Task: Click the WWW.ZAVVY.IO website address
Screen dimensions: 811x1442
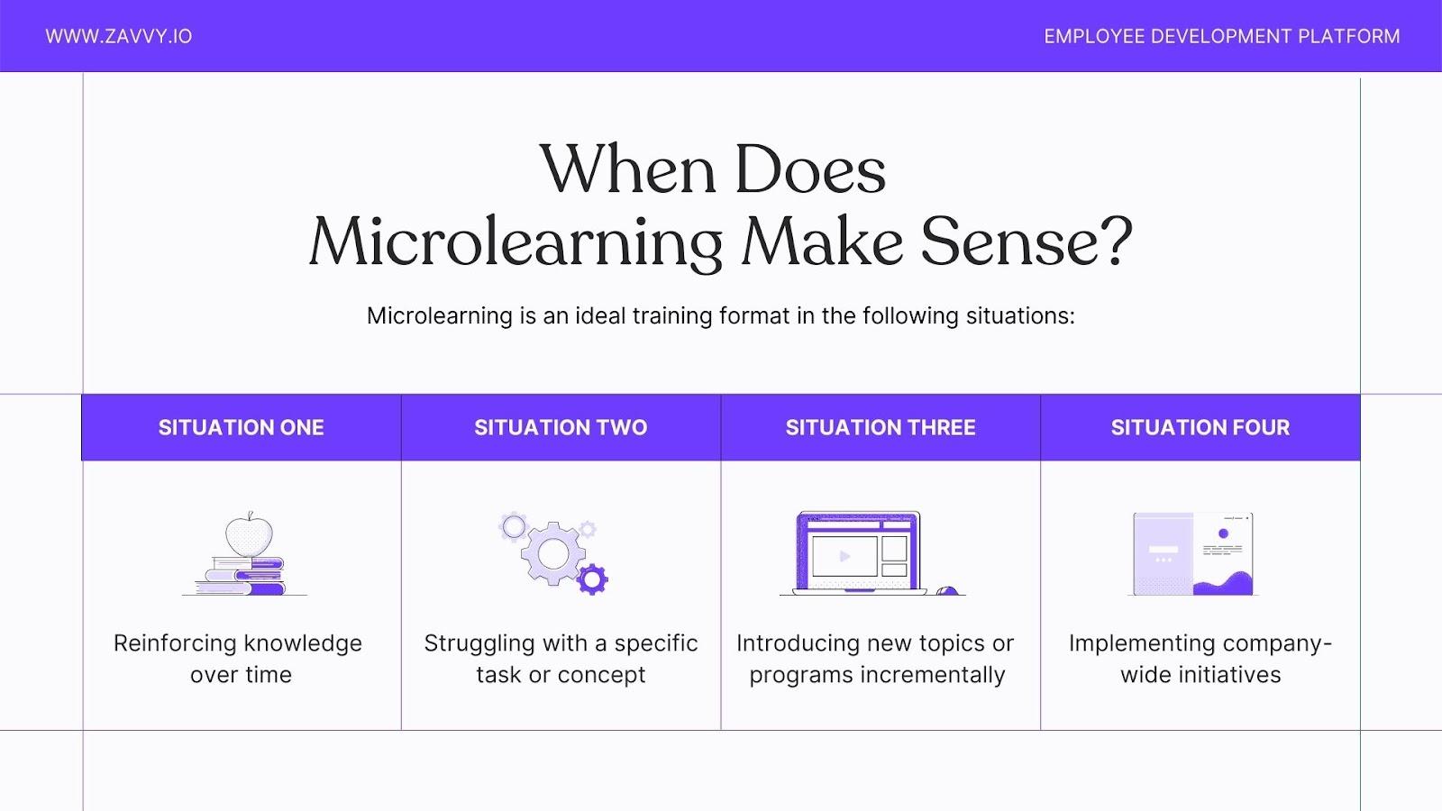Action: click(x=118, y=36)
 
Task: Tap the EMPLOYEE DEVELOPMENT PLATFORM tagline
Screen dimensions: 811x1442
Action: click(x=1221, y=36)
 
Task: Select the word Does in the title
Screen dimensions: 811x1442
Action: click(x=809, y=169)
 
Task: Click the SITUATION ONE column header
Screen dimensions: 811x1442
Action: click(x=241, y=427)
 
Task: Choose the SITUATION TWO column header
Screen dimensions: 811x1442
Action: click(x=561, y=427)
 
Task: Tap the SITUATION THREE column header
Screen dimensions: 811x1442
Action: click(x=881, y=427)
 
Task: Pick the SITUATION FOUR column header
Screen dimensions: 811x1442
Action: click(x=1200, y=427)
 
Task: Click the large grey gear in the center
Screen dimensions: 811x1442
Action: click(x=552, y=552)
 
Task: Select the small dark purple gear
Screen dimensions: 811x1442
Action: click(x=592, y=579)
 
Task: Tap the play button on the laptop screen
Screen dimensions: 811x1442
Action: click(x=844, y=556)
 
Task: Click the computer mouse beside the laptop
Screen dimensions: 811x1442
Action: click(x=946, y=590)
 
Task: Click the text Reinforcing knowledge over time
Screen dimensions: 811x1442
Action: click(x=239, y=659)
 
